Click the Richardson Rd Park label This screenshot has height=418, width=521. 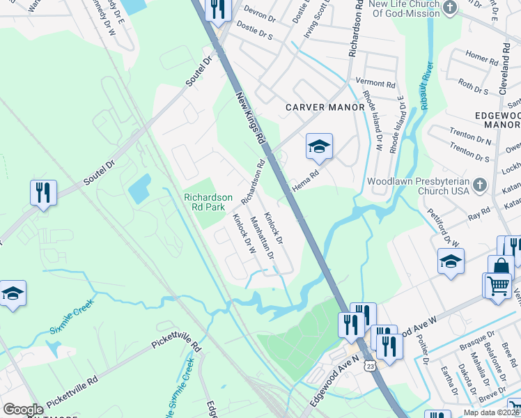[x=208, y=202]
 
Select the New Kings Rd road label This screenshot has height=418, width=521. [x=251, y=120]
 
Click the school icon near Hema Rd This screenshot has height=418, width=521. [x=319, y=146]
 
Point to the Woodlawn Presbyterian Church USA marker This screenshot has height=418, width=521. [x=479, y=185]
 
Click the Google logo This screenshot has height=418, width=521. [x=23, y=410]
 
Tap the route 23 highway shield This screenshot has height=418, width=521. [x=370, y=365]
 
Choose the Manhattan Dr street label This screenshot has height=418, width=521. [x=262, y=237]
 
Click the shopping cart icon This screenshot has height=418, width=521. [x=499, y=286]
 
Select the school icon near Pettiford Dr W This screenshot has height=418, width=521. [x=451, y=262]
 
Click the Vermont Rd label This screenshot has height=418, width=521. [x=374, y=82]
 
